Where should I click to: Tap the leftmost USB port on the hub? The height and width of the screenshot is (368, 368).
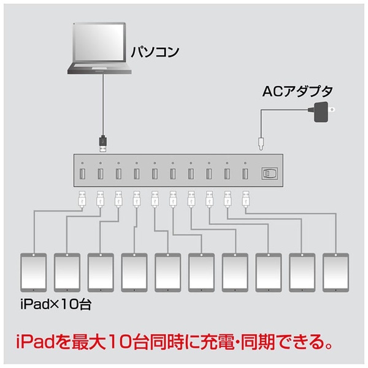tap(82, 174)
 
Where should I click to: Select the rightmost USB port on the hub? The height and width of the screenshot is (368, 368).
tap(245, 174)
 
